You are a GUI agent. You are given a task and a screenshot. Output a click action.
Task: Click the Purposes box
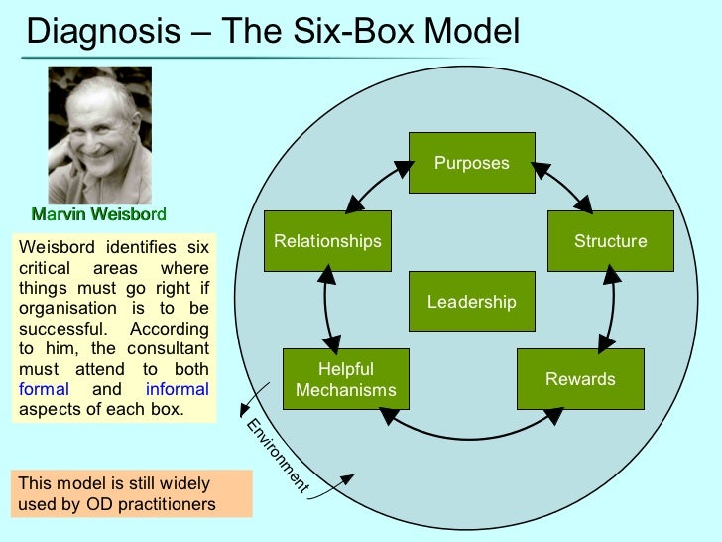pyautogui.click(x=472, y=163)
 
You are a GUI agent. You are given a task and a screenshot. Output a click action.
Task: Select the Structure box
pyautogui.click(x=610, y=241)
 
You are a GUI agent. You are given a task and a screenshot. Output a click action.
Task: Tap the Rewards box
pyautogui.click(x=580, y=379)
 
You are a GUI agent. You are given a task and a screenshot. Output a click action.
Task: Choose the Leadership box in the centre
pyautogui.click(x=471, y=302)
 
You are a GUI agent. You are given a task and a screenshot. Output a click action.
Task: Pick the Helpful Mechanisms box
pyautogui.click(x=345, y=379)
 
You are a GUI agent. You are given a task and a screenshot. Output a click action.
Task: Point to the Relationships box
pyautogui.click(x=327, y=241)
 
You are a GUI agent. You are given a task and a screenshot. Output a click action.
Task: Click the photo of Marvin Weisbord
pyautogui.click(x=100, y=135)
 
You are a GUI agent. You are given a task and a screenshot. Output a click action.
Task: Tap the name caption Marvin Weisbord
pyautogui.click(x=99, y=214)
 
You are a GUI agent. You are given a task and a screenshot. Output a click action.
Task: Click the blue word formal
pyautogui.click(x=45, y=389)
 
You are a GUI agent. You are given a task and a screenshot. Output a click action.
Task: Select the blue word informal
pyautogui.click(x=178, y=389)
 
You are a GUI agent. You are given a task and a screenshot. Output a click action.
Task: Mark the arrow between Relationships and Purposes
pyautogui.click(x=378, y=186)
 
